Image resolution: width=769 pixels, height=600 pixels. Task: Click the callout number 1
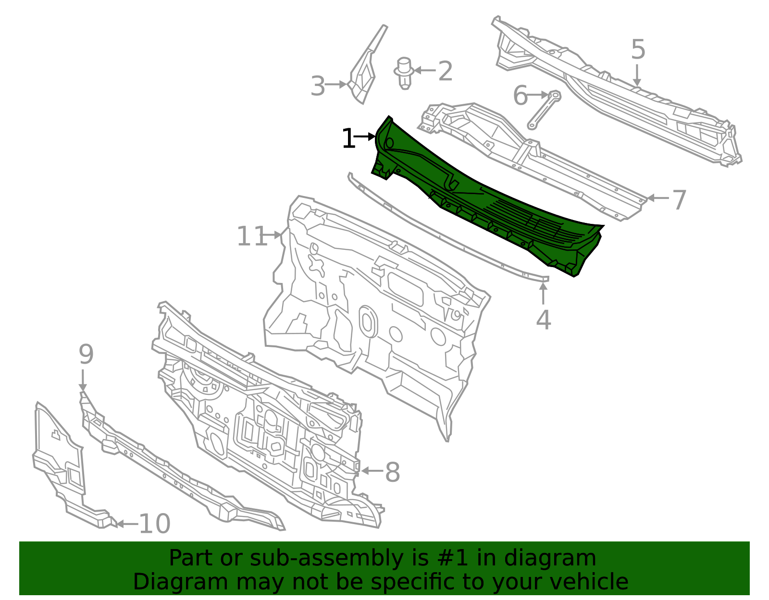click(x=348, y=138)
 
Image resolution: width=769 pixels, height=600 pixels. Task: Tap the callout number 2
click(x=445, y=71)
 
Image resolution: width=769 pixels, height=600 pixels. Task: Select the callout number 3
click(x=317, y=86)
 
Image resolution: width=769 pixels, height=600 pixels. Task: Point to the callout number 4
click(x=543, y=319)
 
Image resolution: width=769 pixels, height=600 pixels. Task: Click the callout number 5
click(x=638, y=49)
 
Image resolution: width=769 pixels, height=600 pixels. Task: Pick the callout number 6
click(x=520, y=96)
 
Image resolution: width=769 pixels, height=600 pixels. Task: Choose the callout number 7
click(x=679, y=200)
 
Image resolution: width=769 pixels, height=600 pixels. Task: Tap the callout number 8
click(x=392, y=472)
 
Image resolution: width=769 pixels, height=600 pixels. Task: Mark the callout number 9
click(x=86, y=354)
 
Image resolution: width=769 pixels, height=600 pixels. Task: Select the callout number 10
click(x=155, y=524)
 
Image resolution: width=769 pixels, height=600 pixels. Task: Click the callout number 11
click(x=252, y=236)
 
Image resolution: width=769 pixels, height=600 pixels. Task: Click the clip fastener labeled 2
click(x=404, y=73)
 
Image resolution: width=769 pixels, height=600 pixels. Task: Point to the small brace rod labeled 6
click(x=544, y=110)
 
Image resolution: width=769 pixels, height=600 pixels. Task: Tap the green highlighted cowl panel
click(x=488, y=198)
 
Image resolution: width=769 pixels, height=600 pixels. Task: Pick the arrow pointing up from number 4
click(x=543, y=293)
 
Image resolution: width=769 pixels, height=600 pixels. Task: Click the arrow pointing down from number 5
click(x=637, y=75)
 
